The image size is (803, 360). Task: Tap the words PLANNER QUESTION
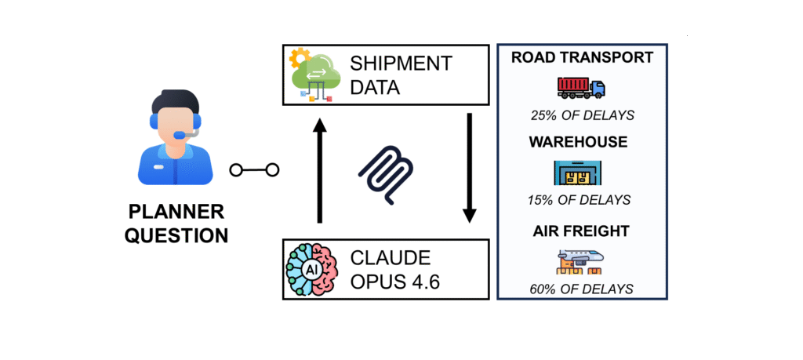click(176, 224)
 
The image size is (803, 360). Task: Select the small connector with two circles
click(254, 169)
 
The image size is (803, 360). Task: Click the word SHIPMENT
click(400, 63)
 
